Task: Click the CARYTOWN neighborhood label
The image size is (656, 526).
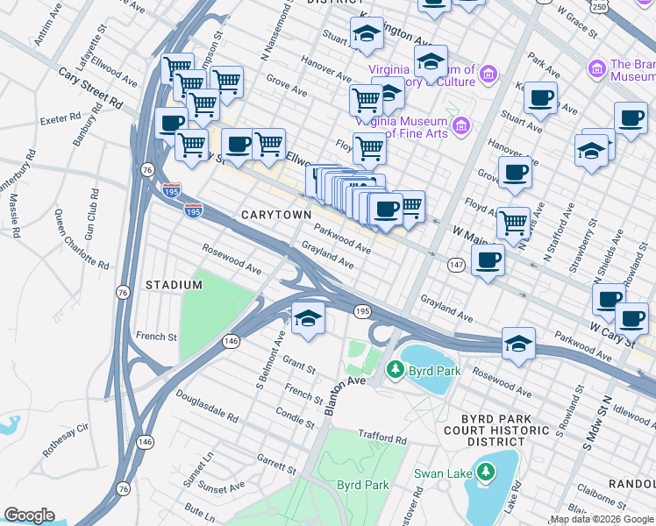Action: point(273,215)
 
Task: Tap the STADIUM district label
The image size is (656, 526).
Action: point(174,285)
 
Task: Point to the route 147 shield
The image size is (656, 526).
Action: point(456,264)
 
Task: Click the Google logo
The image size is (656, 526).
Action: point(29,515)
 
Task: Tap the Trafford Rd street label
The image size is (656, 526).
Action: point(383,437)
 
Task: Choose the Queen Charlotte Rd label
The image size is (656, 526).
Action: point(81,238)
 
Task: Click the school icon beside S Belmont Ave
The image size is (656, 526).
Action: point(307,320)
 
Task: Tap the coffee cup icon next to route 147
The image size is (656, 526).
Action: point(488,260)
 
